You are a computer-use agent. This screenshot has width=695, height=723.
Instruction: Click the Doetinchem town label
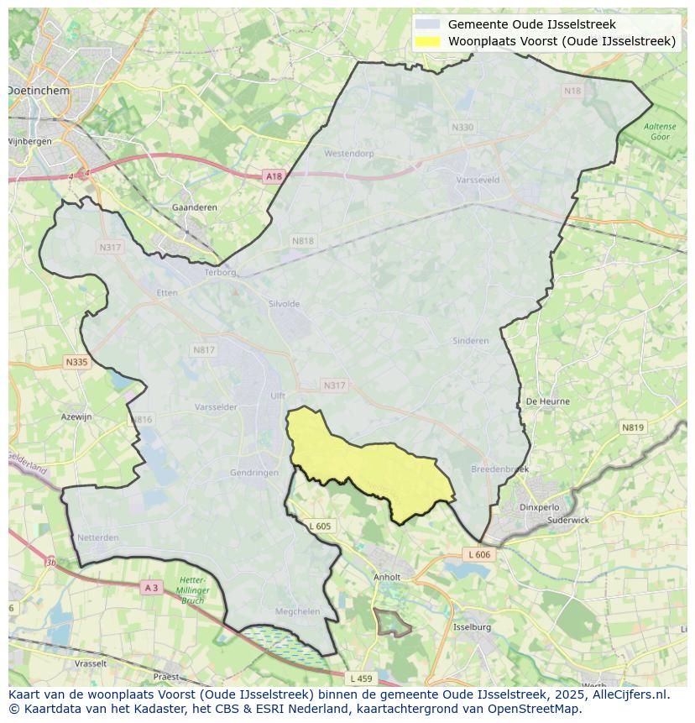click(x=39, y=90)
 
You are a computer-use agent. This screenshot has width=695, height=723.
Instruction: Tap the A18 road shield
click(x=274, y=176)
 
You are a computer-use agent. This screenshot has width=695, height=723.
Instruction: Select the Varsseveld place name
click(x=477, y=180)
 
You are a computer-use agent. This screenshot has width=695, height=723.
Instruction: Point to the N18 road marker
click(x=572, y=91)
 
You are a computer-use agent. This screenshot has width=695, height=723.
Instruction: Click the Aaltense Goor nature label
click(x=660, y=131)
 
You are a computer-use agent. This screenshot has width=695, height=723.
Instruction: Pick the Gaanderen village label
click(x=194, y=207)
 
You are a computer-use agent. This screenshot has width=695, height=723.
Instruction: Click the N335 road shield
click(x=76, y=362)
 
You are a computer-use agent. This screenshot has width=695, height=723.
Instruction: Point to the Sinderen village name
click(x=470, y=341)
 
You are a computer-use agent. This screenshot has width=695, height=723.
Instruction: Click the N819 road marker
click(x=633, y=427)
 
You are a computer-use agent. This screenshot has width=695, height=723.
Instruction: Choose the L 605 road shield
click(x=320, y=526)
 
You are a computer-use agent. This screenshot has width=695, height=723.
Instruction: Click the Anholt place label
click(x=387, y=577)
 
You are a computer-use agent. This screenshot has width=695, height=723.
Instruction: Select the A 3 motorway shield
click(x=151, y=588)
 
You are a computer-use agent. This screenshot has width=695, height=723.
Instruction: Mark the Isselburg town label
click(x=471, y=627)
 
